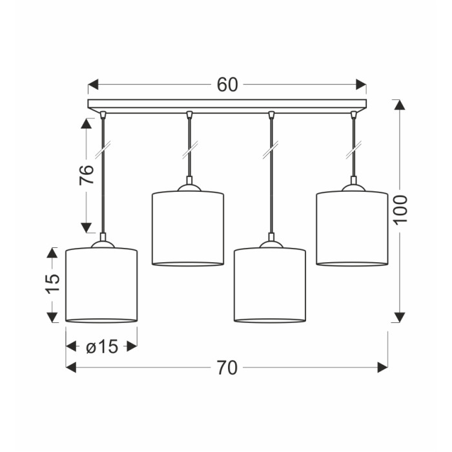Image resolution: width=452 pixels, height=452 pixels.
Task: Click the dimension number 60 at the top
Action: (227, 85)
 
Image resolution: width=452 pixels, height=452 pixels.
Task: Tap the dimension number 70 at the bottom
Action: (227, 368)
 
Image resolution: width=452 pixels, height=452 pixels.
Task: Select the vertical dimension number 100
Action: (400, 210)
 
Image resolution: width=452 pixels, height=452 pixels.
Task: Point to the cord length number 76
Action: (87, 175)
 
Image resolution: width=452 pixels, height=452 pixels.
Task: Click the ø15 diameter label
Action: (102, 346)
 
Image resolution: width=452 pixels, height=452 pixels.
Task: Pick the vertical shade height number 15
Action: (53, 284)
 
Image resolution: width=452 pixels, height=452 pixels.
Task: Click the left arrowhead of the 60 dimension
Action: (93, 85)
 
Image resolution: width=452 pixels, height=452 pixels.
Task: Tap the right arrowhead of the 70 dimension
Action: (382, 367)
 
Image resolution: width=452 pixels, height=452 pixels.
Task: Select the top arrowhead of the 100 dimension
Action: (400, 105)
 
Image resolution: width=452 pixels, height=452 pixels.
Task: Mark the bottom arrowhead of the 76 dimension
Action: (86, 228)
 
